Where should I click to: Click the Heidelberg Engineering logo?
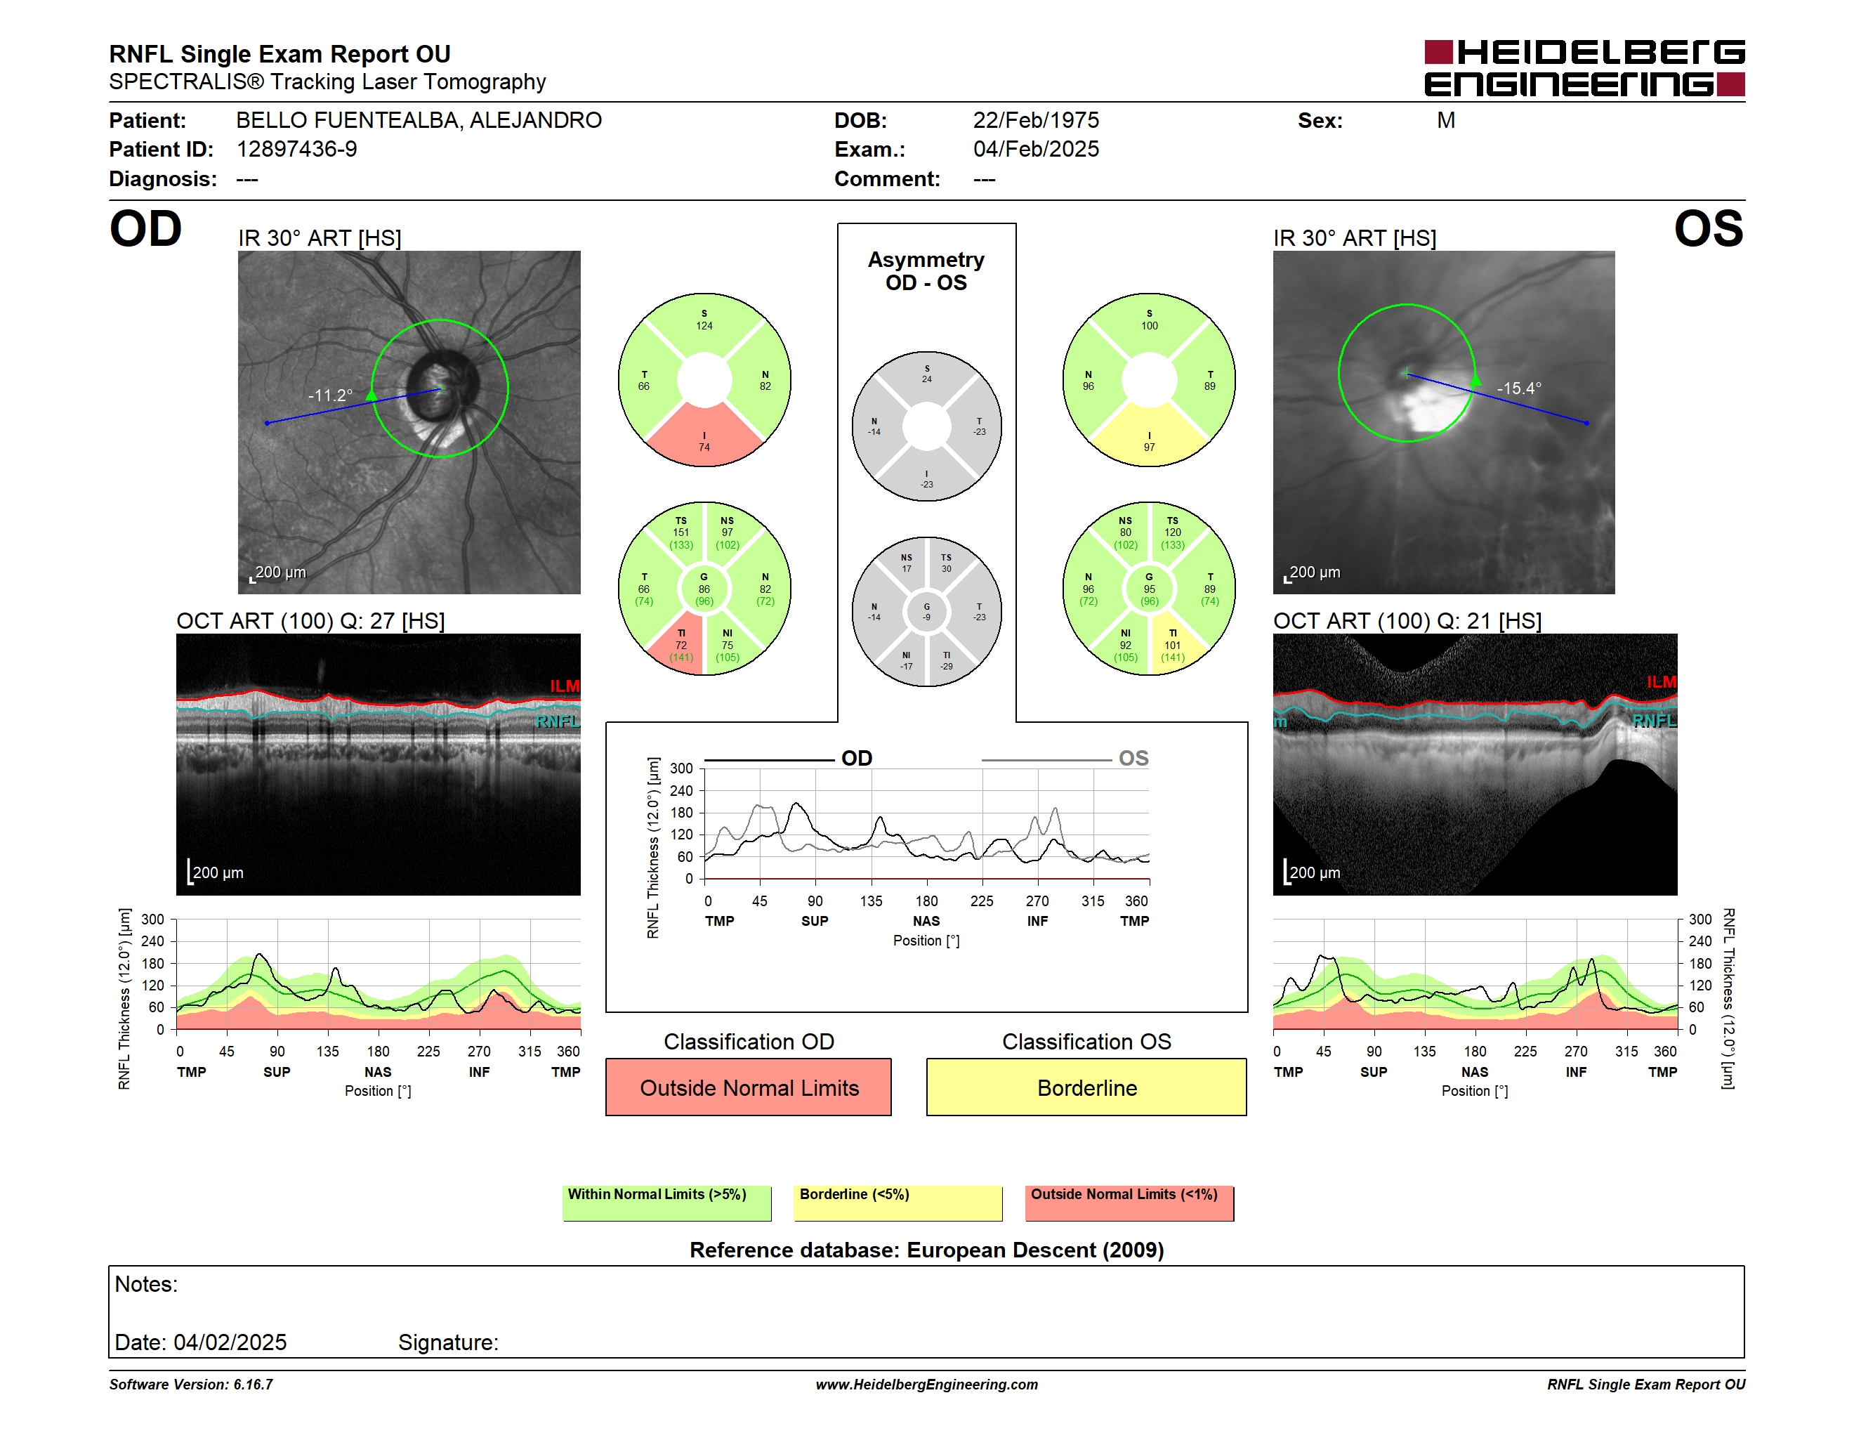1584,68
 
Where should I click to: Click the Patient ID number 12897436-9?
296,150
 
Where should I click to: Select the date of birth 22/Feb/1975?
1036,121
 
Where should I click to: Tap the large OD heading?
145,229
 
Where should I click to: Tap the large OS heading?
1708,229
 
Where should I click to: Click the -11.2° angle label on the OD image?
330,395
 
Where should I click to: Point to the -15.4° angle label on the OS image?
1519,388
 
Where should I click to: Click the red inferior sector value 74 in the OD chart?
704,447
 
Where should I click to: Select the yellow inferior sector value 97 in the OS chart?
1150,447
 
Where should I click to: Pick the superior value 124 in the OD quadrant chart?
704,326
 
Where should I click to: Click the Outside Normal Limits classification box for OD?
749,1087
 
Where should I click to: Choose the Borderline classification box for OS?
1086,1087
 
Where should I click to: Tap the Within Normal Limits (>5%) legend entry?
666,1203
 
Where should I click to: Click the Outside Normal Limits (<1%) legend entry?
1129,1203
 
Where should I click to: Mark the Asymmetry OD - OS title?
926,271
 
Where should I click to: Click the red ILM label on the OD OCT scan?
565,686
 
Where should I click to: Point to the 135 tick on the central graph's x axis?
871,901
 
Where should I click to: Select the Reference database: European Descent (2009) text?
927,1250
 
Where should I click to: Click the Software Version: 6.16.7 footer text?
191,1385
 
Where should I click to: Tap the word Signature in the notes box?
448,1342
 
